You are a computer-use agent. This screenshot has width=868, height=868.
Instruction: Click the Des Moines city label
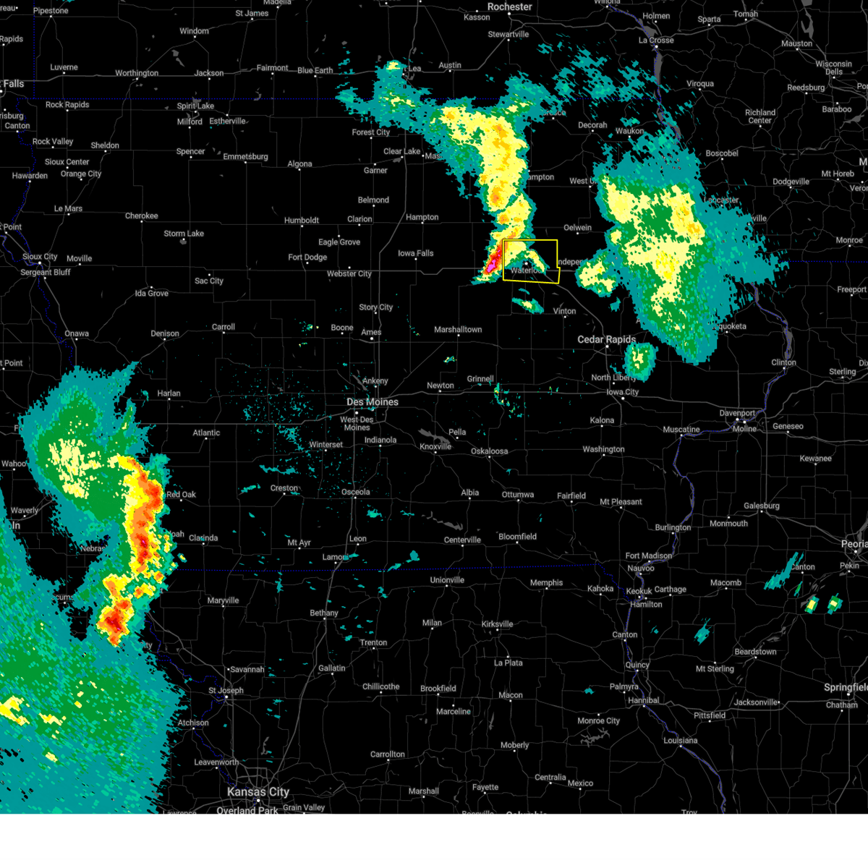[x=372, y=402]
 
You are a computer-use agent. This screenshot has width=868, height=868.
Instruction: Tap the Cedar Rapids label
[x=606, y=339]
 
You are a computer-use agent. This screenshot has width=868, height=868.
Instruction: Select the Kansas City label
[x=258, y=792]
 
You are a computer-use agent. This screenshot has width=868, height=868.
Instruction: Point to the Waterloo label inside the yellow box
[x=525, y=271]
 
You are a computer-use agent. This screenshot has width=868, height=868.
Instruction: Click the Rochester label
[x=509, y=7]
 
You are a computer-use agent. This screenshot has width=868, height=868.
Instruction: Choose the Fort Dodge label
[x=307, y=258]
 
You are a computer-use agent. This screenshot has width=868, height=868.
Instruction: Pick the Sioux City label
[x=40, y=257]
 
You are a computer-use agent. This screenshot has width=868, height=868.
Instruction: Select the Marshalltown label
[x=458, y=330]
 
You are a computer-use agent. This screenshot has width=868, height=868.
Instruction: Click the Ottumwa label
[x=518, y=495]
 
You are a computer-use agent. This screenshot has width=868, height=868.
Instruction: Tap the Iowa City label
[x=622, y=392]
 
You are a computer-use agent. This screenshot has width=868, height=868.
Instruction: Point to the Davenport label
[x=737, y=413]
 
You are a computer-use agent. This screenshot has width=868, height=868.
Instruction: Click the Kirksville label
[x=497, y=624]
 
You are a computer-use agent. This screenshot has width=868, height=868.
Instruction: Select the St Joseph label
[x=226, y=690]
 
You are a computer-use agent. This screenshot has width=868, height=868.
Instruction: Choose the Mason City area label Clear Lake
[x=401, y=152]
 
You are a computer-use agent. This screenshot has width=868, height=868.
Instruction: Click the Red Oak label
[x=181, y=495]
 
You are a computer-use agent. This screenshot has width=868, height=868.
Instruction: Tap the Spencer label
[x=190, y=152]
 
